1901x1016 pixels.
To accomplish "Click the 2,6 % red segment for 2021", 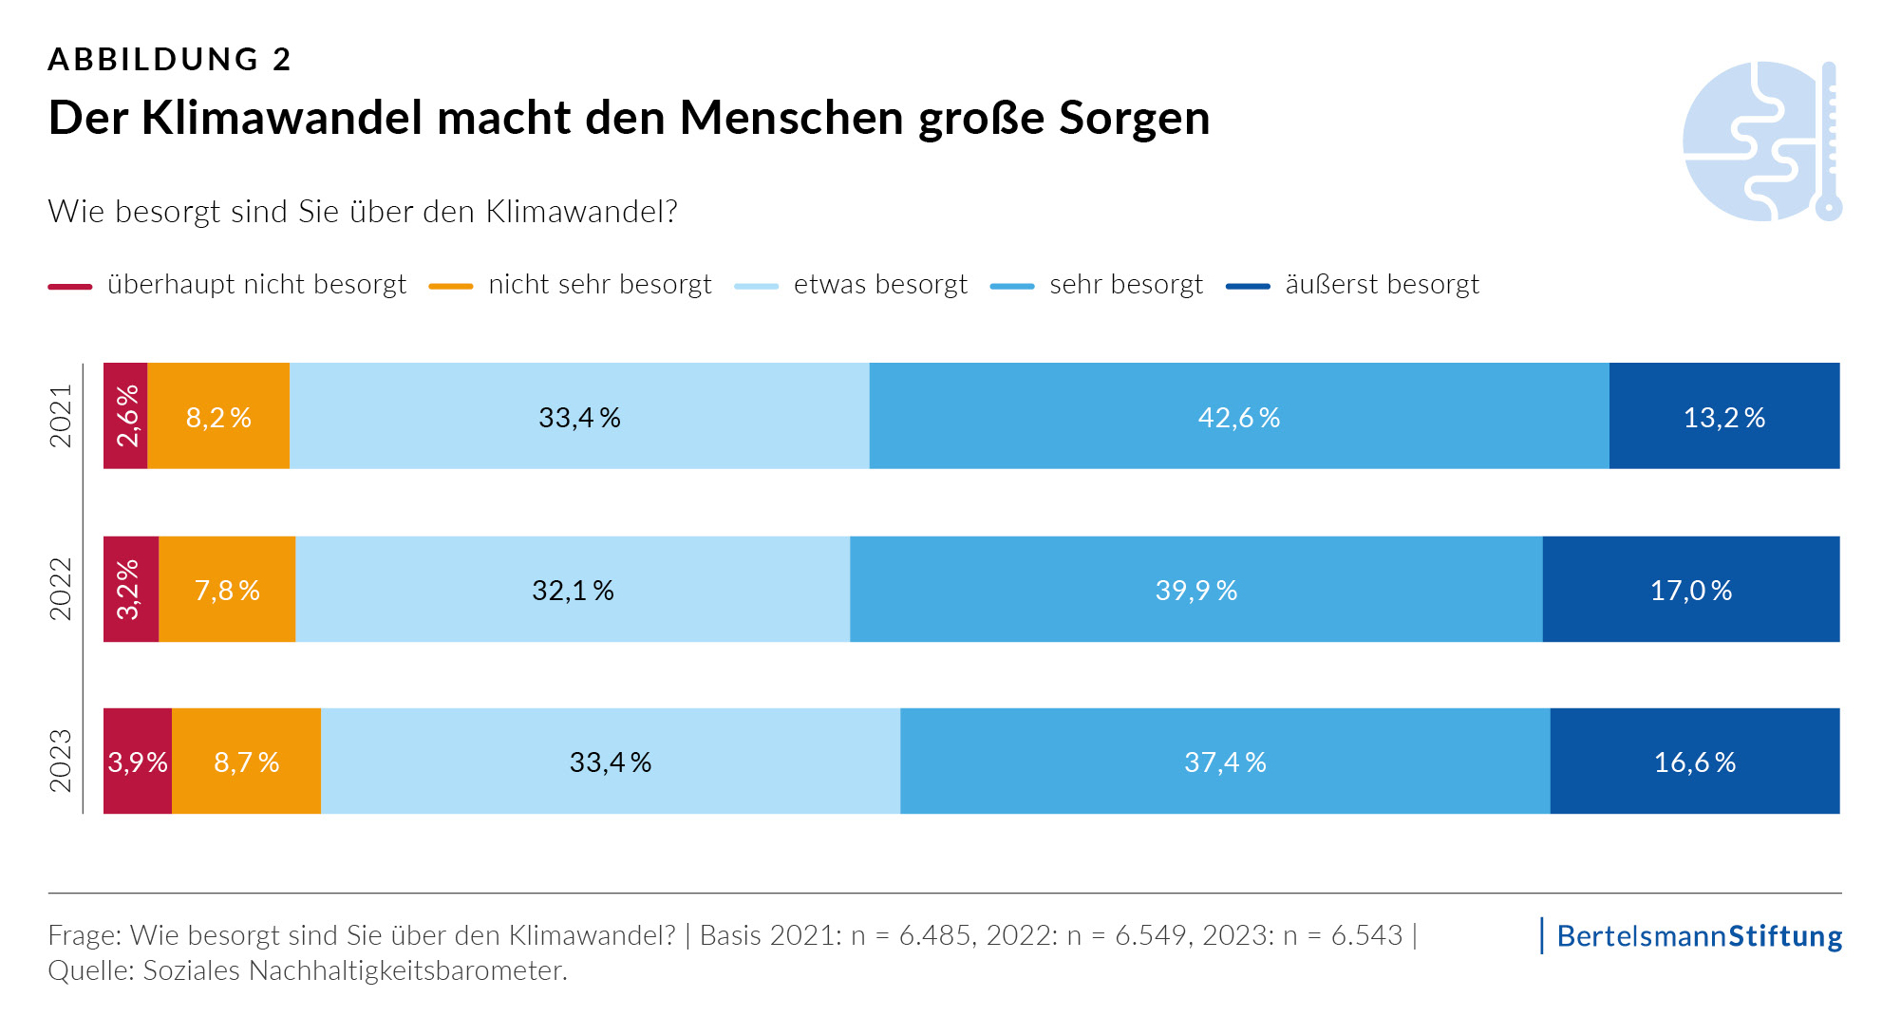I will pos(125,416).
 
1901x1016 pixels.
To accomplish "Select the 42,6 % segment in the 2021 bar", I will pos(1238,416).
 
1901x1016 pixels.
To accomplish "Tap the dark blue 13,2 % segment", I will pos(1723,416).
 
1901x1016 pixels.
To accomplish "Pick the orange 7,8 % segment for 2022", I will pos(227,590).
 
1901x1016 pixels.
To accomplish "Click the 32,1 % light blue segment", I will pos(573,590).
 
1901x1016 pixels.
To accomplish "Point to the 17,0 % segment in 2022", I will pos(1690,590).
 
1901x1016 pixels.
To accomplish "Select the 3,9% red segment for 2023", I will pos(138,762).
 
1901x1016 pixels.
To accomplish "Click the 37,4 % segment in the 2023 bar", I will pos(1225,762).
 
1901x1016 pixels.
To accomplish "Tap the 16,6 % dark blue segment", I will pos(1694,762).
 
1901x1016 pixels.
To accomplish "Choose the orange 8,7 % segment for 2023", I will pos(246,762).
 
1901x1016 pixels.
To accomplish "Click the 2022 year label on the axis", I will pos(61,589).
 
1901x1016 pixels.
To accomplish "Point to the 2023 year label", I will pos(61,761).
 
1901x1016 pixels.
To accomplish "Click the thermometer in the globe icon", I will pos(1829,142).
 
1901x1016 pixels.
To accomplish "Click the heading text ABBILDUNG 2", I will pos(169,59).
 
